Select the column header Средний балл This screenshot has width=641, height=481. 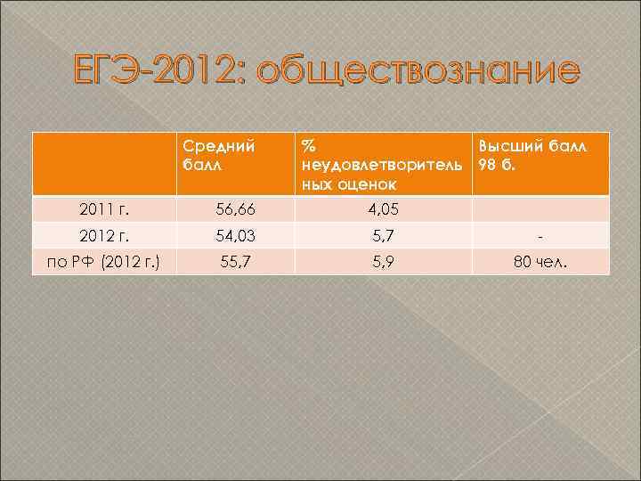pyautogui.click(x=219, y=153)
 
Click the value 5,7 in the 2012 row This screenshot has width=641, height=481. pyautogui.click(x=382, y=236)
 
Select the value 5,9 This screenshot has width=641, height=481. pyautogui.click(x=382, y=263)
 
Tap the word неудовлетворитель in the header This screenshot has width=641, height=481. pyautogui.click(x=382, y=164)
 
